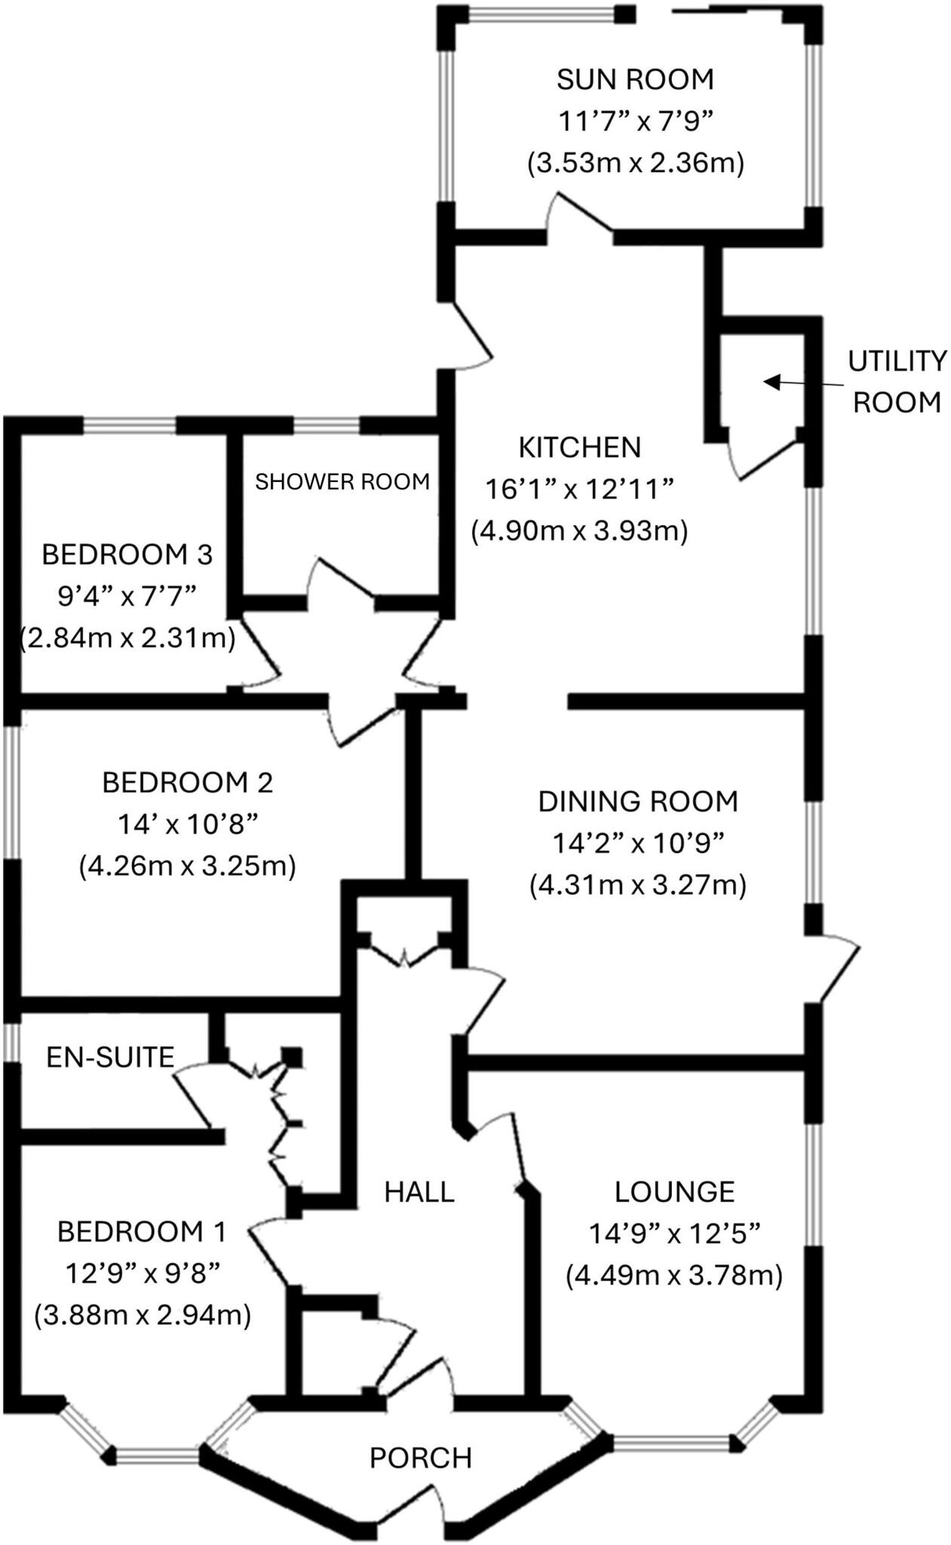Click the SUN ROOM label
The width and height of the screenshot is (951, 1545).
[x=635, y=78]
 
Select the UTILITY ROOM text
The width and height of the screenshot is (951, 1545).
[x=896, y=382]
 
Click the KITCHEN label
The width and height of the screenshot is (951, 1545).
[x=579, y=447]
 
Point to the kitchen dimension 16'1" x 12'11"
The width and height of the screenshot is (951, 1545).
[x=579, y=490]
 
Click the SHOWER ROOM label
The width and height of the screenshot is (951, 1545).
[x=342, y=481]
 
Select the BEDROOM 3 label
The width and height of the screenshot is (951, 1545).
[x=127, y=554]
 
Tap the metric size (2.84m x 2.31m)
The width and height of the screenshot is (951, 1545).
[x=127, y=637]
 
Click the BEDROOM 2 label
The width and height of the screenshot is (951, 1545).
[x=187, y=782]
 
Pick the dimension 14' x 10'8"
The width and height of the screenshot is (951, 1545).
[x=187, y=824]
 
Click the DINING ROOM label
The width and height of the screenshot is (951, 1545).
[x=637, y=801]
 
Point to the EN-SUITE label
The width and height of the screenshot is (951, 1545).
[x=110, y=1057]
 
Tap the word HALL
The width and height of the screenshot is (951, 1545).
[x=419, y=1192]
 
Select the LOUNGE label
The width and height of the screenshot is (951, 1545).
[x=674, y=1191]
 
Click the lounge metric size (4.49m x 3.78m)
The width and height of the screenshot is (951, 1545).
[x=674, y=1275]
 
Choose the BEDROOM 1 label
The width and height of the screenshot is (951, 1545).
[x=142, y=1232]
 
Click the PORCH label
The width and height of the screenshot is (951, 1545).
[x=420, y=1457]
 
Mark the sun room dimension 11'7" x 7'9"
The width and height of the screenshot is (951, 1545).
[x=635, y=121]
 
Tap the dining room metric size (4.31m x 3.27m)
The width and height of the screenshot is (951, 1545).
[x=637, y=884]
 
